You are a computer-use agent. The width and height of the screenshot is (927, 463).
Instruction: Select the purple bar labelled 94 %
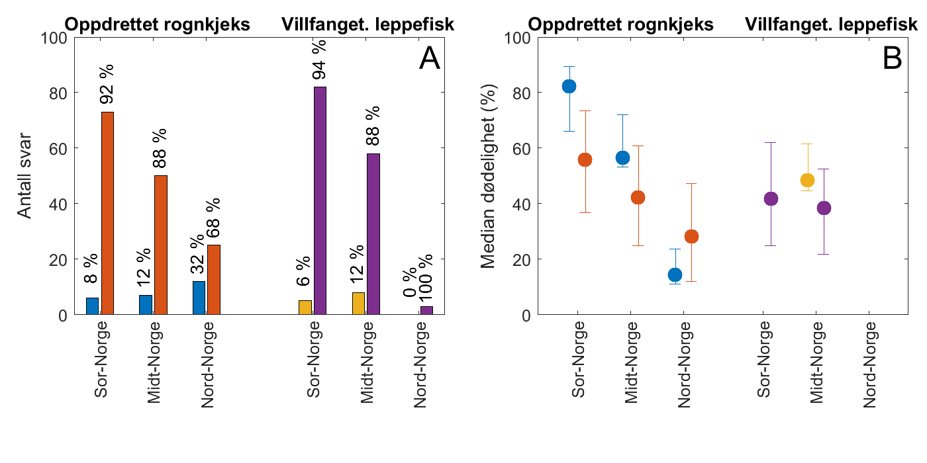[320, 200]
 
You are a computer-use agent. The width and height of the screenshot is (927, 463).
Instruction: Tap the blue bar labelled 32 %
[199, 298]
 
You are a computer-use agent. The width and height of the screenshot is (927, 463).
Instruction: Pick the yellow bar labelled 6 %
[305, 308]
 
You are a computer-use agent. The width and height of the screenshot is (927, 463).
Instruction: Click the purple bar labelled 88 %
[373, 234]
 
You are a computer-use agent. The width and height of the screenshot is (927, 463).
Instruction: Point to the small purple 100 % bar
[426, 310]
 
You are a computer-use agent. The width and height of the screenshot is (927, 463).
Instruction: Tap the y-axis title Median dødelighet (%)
[489, 176]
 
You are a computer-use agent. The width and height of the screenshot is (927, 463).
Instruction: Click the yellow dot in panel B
[807, 180]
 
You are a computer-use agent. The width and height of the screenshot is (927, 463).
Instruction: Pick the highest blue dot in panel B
[569, 86]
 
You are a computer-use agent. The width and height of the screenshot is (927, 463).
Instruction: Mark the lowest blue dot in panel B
[675, 274]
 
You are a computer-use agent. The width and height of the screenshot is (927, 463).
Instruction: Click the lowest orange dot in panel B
[691, 237]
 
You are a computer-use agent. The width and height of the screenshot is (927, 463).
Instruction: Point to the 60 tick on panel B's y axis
[520, 148]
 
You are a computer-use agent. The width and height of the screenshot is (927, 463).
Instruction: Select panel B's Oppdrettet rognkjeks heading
[621, 24]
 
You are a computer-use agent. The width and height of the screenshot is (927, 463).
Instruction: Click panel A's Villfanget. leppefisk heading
[367, 24]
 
